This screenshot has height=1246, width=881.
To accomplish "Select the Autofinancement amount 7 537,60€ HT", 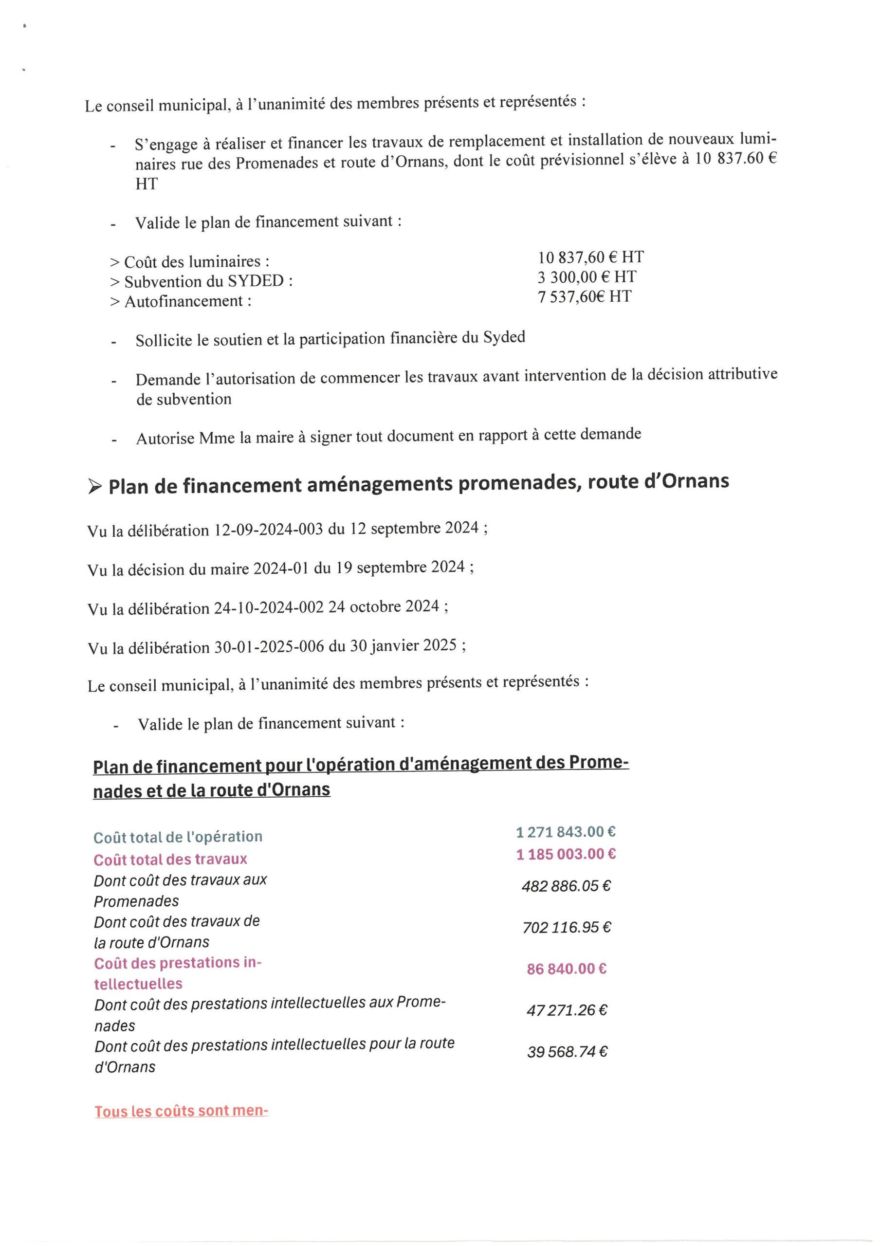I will (584, 297).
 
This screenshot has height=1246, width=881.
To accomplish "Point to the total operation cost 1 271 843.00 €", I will (565, 832).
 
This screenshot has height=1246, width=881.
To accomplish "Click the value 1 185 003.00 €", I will (565, 854).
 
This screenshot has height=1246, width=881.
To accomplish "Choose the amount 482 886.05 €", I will (566, 886).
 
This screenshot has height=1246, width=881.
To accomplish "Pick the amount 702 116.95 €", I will (566, 928).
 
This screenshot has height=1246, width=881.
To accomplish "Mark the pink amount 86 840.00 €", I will (566, 969).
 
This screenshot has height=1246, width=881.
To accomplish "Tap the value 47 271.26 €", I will (566, 1010).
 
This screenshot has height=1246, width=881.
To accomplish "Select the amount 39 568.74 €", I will (567, 1052).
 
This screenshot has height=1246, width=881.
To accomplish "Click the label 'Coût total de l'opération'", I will (178, 837).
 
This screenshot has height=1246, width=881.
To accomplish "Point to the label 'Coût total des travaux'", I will (170, 860).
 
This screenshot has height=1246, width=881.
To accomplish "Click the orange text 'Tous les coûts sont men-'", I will (181, 1111).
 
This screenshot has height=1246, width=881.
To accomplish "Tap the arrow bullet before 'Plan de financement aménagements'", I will (94, 487).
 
